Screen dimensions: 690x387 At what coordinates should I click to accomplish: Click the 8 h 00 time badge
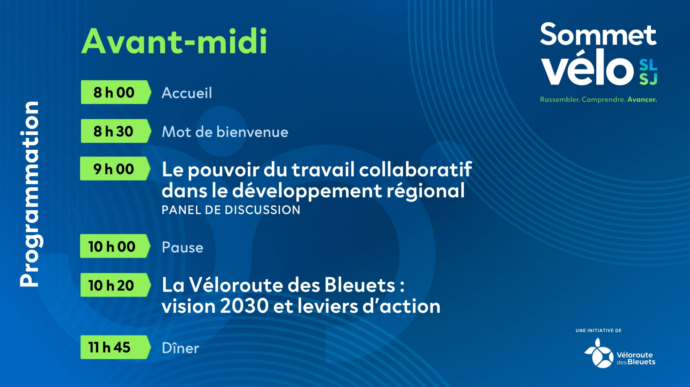pyautogui.click(x=116, y=92)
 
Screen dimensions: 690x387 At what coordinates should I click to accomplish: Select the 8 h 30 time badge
pyautogui.click(x=116, y=131)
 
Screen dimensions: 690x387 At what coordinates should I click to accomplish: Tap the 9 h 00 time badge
pyautogui.click(x=115, y=168)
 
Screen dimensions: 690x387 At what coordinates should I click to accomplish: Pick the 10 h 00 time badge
pyautogui.click(x=115, y=246)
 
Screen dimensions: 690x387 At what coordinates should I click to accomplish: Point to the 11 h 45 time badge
pyautogui.click(x=116, y=347)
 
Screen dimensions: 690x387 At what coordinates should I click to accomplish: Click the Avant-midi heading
pyautogui.click(x=175, y=42)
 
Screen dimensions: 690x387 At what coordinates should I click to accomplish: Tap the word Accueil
pyautogui.click(x=187, y=93)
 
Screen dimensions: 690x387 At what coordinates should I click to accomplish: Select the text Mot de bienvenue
pyautogui.click(x=225, y=132)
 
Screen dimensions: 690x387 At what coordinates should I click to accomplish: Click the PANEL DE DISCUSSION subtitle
pyautogui.click(x=231, y=210)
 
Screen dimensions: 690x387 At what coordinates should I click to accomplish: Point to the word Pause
pyautogui.click(x=183, y=247)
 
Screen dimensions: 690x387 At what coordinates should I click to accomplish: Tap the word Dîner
pyautogui.click(x=181, y=348)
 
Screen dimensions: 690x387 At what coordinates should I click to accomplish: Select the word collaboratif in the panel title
pyautogui.click(x=416, y=169)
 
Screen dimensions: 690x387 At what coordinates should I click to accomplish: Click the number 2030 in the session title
pyautogui.click(x=244, y=306)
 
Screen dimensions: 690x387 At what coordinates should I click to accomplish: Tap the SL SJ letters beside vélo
pyautogui.click(x=648, y=72)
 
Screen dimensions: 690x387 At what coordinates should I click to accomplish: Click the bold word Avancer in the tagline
pyautogui.click(x=642, y=100)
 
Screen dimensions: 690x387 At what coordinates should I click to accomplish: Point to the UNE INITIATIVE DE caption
pyautogui.click(x=599, y=331)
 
